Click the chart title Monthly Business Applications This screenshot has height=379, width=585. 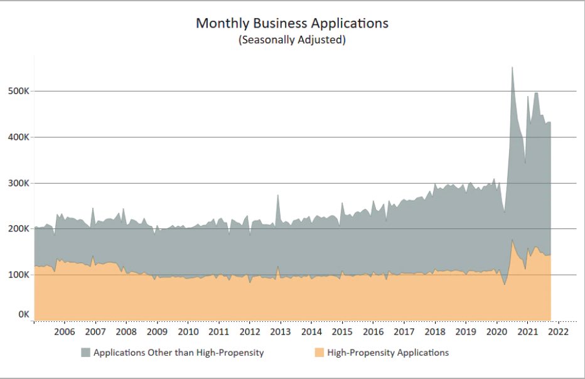[292, 23]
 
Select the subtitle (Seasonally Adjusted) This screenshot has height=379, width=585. [292, 40]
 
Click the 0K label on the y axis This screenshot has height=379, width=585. [23, 314]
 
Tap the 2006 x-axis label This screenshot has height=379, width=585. [65, 331]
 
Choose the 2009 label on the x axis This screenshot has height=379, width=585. [157, 331]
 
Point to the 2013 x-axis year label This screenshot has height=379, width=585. [280, 331]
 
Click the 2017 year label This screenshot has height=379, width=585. [404, 331]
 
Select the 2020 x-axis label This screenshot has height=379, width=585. [496, 331]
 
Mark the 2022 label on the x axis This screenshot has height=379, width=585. [557, 331]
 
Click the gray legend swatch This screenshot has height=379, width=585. [85, 353]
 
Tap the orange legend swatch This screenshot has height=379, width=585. [319, 353]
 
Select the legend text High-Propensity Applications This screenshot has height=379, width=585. [388, 353]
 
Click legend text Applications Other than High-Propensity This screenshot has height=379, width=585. [178, 353]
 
